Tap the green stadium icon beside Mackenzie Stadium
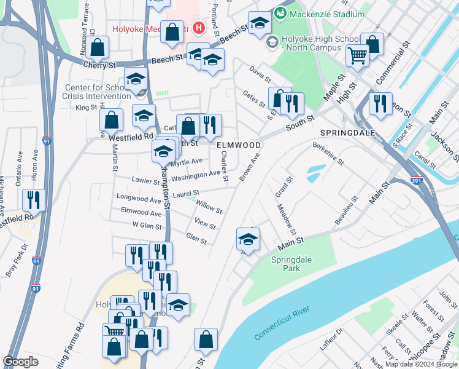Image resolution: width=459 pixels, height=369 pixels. [x=280, y=13]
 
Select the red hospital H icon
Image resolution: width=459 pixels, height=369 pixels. [x=198, y=28]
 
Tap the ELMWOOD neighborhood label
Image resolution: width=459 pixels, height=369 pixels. [x=239, y=145]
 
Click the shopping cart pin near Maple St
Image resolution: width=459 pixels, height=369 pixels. [x=357, y=56]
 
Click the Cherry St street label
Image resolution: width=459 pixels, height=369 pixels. [x=99, y=65]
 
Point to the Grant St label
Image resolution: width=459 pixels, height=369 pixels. [x=282, y=185]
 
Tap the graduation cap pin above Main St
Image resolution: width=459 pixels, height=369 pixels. [x=248, y=239]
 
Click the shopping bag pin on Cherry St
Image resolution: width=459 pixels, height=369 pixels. [x=98, y=47]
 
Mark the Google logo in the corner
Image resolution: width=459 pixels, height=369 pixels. [x=20, y=362]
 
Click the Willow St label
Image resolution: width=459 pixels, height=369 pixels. [x=209, y=206]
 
